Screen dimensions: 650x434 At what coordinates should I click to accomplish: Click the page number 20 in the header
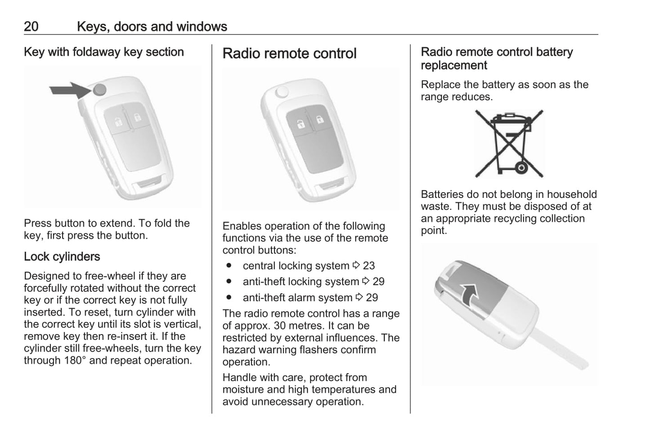pyautogui.click(x=31, y=27)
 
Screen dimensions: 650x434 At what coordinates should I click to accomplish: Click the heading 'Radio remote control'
pyautogui.click(x=289, y=54)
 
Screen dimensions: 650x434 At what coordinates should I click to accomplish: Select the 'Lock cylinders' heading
pyautogui.click(x=62, y=256)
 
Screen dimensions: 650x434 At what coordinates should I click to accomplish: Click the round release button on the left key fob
pyautogui.click(x=100, y=90)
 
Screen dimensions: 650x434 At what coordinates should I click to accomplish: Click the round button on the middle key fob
pyautogui.click(x=282, y=92)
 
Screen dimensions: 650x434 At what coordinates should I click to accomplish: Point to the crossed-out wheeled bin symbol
pyautogui.click(x=509, y=143)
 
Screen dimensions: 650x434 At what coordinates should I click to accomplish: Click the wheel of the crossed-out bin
pyautogui.click(x=521, y=168)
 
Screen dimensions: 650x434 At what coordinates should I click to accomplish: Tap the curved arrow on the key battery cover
pyautogui.click(x=469, y=295)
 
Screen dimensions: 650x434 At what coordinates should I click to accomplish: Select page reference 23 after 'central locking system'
pyautogui.click(x=369, y=266)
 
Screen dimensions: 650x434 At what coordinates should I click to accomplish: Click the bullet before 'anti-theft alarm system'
pyautogui.click(x=229, y=297)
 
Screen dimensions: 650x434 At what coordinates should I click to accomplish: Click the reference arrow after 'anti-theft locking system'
pyautogui.click(x=366, y=281)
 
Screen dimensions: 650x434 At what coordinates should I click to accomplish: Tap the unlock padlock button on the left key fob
pyautogui.click(x=118, y=122)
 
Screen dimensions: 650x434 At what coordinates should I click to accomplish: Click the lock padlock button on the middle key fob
pyautogui.click(x=320, y=119)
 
